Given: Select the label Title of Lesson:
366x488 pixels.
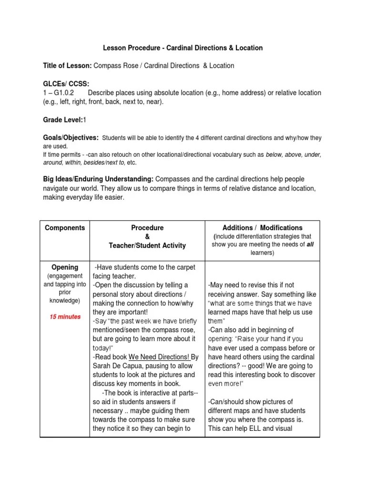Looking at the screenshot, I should pos(68,66).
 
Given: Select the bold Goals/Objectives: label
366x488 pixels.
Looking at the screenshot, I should pos(71,138).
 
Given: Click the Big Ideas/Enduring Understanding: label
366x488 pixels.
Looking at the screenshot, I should pos(98,179).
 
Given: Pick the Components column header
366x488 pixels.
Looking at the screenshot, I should pos(65,228).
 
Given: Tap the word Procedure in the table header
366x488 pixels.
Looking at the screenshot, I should pos(147,228).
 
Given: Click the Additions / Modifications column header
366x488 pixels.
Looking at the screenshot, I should pos(262,228).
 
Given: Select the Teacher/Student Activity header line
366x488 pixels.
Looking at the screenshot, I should pos(147,245).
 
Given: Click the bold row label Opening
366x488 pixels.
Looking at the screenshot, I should pos(65,267).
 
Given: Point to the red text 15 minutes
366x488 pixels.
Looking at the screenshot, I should pos(65,316).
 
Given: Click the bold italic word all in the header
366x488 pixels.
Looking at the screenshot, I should pos(310,244).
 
